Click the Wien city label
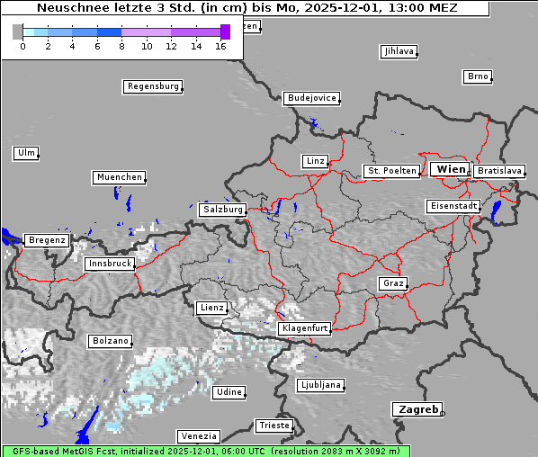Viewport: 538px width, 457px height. click(450, 169)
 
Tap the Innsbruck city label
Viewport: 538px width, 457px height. click(109, 264)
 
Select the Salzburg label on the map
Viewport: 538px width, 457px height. click(222, 210)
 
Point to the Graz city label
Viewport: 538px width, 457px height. click(392, 283)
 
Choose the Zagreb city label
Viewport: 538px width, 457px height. click(417, 409)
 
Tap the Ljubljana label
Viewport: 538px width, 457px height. click(319, 385)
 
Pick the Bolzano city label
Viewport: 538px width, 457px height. click(111, 341)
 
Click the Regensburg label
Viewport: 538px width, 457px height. click(152, 87)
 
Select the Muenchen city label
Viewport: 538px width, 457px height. click(119, 177)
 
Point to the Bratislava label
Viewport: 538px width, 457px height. click(498, 170)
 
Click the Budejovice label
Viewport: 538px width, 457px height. click(310, 98)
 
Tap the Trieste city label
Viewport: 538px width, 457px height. click(273, 425)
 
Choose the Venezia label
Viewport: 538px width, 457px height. click(197, 436)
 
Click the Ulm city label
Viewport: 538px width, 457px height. click(25, 153)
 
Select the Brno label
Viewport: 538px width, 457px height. click(477, 76)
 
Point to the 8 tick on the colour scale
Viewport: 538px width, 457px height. click(121, 45)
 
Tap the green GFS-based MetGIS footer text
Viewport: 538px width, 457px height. click(205, 451)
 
